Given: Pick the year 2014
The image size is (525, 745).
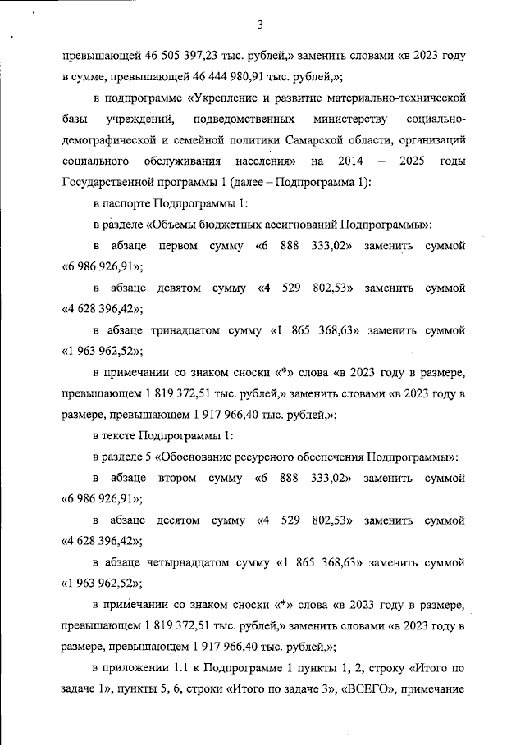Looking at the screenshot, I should tap(351, 161).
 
